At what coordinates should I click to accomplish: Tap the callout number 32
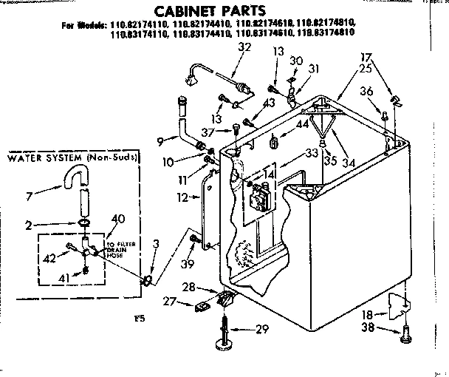(245, 47)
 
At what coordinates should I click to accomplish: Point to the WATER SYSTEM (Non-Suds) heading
(72, 158)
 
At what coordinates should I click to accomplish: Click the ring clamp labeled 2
(85, 224)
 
